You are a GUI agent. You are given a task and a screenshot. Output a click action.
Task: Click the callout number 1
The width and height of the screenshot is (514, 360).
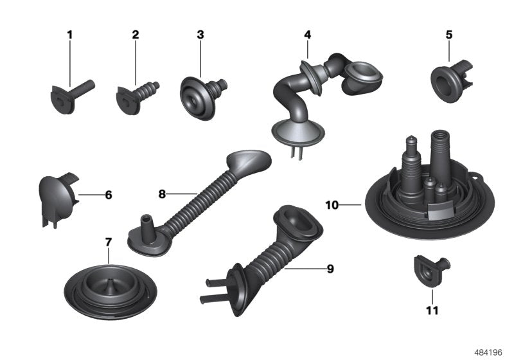tap(70, 34)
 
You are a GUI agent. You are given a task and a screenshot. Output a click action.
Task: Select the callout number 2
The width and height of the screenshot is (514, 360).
tap(135, 34)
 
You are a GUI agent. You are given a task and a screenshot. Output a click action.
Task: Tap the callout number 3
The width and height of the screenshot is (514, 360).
tap(200, 34)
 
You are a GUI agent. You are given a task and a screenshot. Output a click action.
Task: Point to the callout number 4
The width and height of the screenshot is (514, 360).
tap(308, 34)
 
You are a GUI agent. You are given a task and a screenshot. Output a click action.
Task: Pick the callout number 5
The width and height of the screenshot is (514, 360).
tap(448, 34)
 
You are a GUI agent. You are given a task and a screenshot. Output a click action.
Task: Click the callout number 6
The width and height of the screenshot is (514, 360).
tap(108, 194)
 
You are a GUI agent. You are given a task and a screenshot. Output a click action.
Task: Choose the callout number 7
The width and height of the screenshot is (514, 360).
tap(108, 242)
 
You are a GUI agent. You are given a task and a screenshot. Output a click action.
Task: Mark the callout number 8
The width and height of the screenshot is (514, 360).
tap(162, 193)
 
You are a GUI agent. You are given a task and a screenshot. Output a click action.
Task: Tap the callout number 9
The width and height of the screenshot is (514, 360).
tap(330, 269)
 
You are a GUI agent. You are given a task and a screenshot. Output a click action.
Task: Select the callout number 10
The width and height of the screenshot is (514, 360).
tap(332, 206)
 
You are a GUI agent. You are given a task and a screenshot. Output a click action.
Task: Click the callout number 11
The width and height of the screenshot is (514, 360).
tap(432, 311)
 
